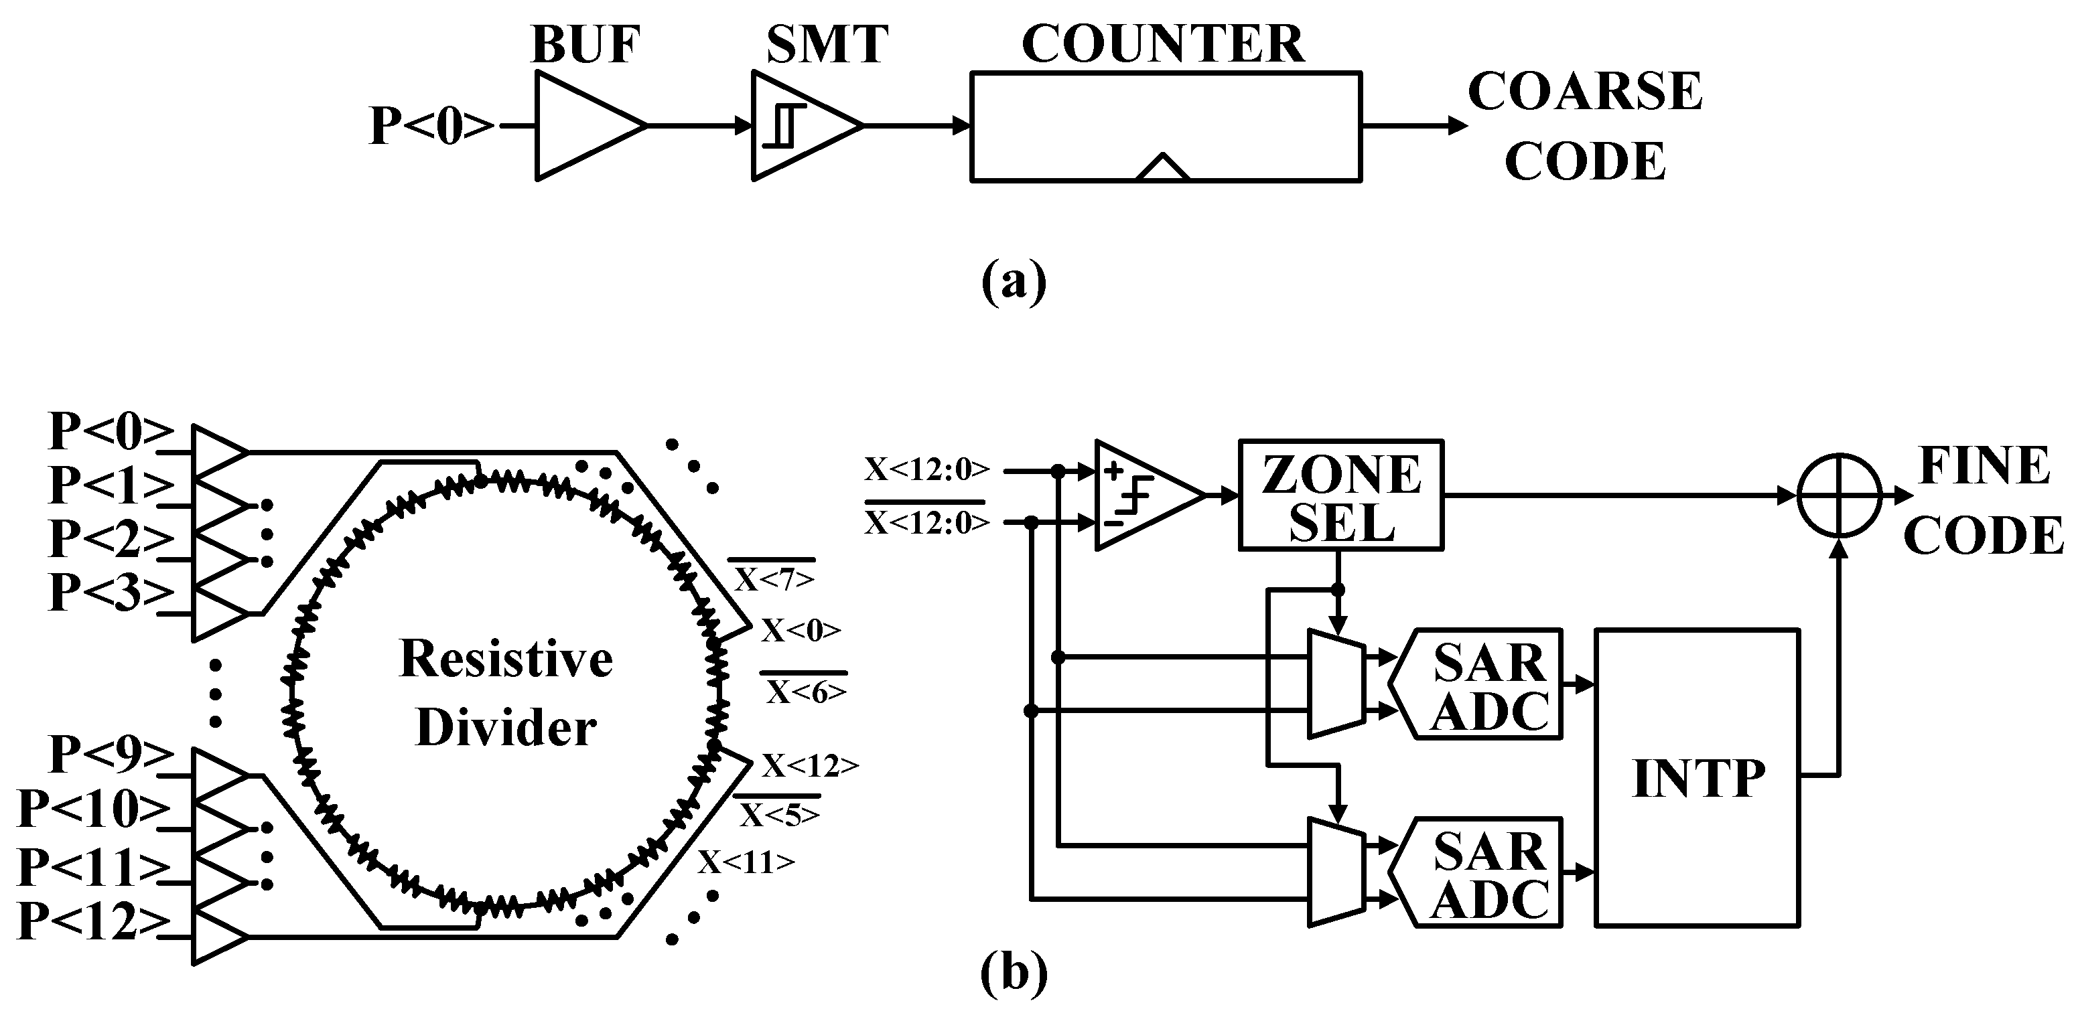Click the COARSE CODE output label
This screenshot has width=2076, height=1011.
(x=1584, y=126)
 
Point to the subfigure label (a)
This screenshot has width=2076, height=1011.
(x=1013, y=282)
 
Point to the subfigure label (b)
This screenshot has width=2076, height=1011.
(x=1013, y=973)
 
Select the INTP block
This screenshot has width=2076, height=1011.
(x=1698, y=777)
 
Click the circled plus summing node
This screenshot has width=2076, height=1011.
(x=1839, y=495)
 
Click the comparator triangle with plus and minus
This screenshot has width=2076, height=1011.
(x=1140, y=496)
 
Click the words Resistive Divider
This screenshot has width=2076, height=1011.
(x=506, y=693)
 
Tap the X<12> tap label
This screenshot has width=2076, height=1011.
(x=810, y=765)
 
